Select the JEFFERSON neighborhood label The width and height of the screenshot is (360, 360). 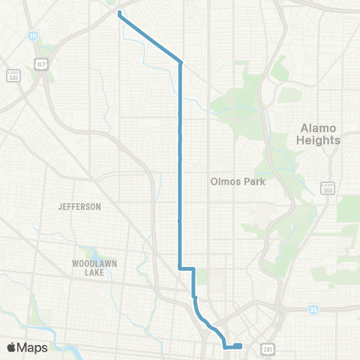pos(79,205)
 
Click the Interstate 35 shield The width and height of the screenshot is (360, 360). pos(313,309)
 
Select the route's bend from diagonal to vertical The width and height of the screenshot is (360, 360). pos(181,62)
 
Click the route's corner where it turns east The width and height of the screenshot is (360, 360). pos(180,268)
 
